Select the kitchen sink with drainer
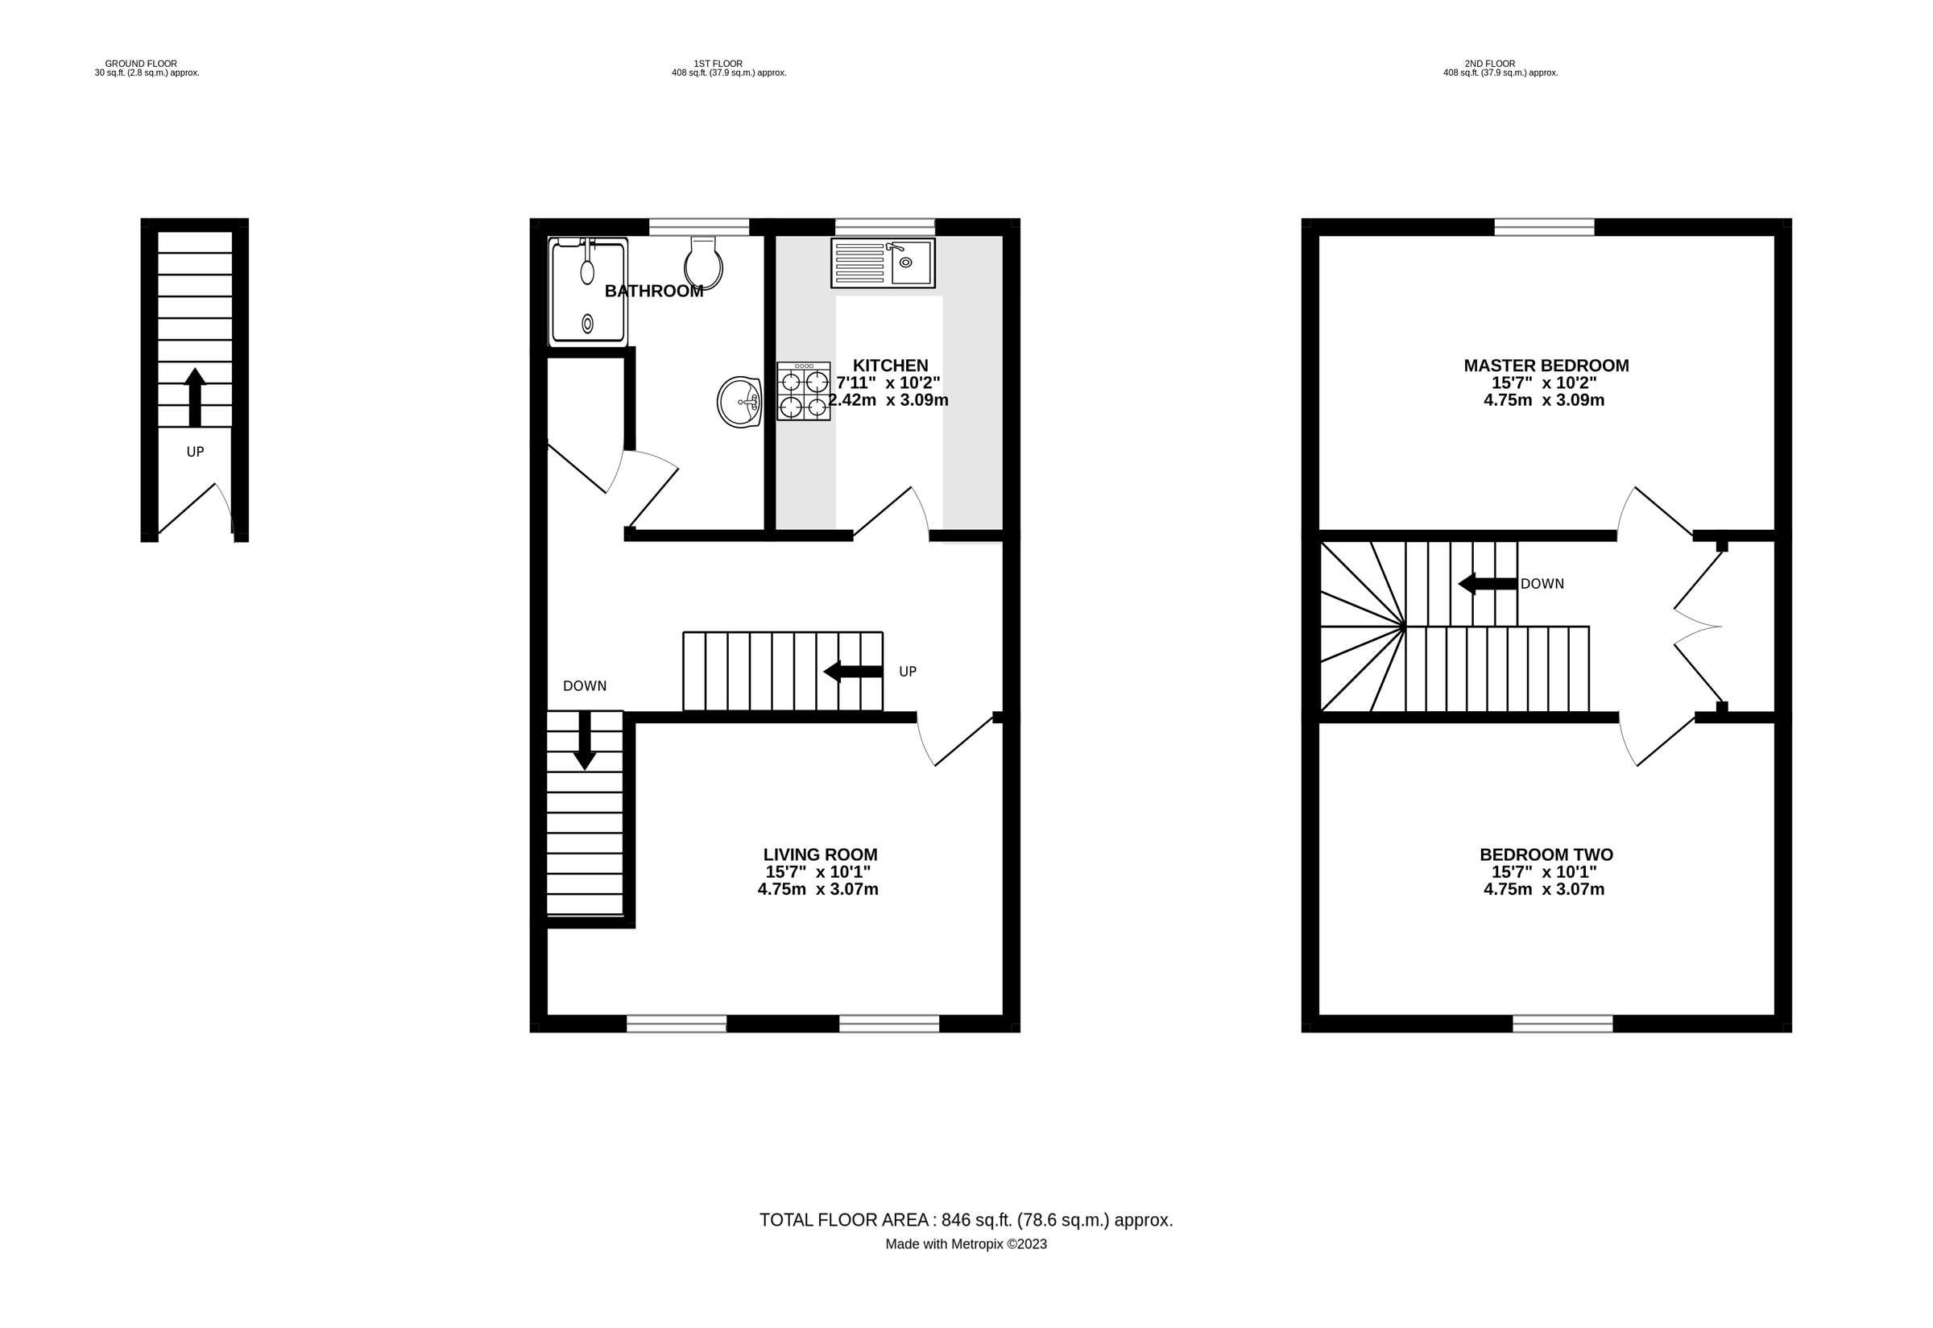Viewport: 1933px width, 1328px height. tap(883, 263)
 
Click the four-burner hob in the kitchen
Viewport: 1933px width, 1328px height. tap(804, 391)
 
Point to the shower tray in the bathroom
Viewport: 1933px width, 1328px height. tap(588, 292)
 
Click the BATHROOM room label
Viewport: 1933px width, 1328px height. tap(654, 292)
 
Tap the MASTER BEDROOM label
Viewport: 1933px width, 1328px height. tap(1546, 366)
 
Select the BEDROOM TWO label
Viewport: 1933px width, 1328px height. tap(1546, 854)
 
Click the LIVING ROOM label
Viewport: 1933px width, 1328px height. tap(821, 854)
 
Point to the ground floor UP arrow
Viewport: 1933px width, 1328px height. tap(195, 397)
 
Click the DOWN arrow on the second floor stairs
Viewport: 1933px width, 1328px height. tap(1488, 584)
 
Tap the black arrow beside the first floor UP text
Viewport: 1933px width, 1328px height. tap(853, 672)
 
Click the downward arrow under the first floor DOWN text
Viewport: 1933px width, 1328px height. tap(585, 740)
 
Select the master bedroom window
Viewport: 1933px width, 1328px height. tap(1545, 227)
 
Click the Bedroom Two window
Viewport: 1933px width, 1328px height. tap(1563, 1024)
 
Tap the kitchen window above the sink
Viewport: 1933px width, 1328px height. tap(885, 227)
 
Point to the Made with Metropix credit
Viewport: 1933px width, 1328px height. tap(966, 1245)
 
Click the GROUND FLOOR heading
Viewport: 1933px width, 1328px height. tap(141, 64)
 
